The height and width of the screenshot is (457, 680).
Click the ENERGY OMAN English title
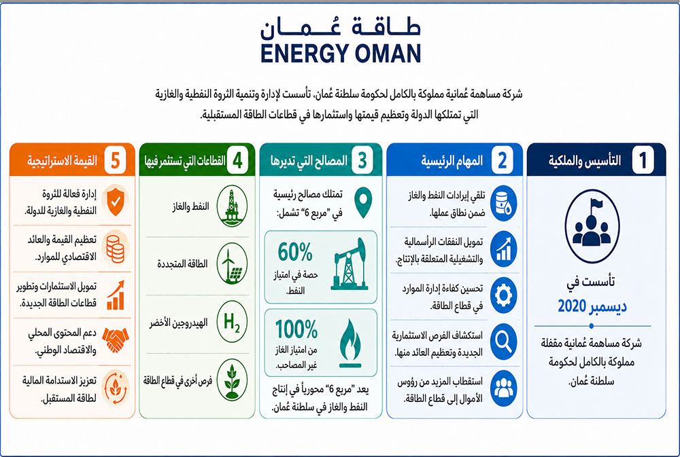(341, 53)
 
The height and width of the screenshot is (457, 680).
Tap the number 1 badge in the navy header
(643, 160)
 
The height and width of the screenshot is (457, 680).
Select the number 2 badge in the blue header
(503, 160)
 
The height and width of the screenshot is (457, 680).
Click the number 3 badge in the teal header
(362, 160)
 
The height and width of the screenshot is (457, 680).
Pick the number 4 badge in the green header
(237, 160)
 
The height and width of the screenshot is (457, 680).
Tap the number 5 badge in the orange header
(115, 160)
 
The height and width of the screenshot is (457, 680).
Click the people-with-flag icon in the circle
(592, 226)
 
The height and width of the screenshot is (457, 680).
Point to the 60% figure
(295, 252)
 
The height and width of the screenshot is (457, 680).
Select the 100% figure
(296, 329)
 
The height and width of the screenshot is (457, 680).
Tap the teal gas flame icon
(350, 343)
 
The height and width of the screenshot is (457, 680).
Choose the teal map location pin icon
(363, 202)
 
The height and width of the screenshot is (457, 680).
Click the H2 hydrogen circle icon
(232, 322)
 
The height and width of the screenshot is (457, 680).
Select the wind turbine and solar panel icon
(232, 263)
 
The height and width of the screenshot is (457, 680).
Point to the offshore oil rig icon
(232, 206)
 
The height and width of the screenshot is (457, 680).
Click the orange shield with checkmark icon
(116, 202)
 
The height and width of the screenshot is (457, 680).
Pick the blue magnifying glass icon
(503, 342)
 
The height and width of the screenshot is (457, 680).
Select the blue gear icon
(503, 295)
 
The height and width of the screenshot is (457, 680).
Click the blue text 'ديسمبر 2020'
(592, 306)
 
